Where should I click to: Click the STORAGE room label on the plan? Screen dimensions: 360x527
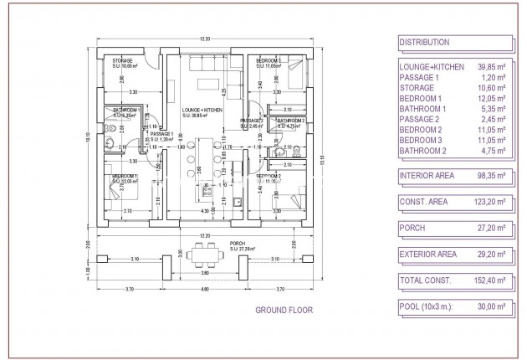click(124, 61)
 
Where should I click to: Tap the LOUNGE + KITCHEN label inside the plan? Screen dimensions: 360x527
click(202, 111)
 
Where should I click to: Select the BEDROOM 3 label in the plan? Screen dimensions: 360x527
click(268, 61)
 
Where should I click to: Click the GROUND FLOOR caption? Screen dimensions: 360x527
click(284, 310)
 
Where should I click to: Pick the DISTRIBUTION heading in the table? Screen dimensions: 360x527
click(424, 42)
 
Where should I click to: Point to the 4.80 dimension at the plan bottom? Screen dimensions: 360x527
click(205, 289)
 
